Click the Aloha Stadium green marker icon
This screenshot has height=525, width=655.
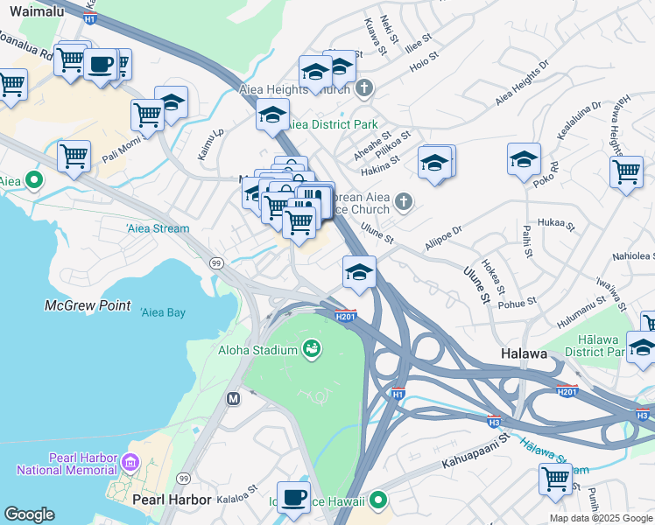311,350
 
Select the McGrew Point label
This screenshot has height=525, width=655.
88,306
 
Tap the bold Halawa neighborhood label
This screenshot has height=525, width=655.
525,353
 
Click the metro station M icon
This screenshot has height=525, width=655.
234,399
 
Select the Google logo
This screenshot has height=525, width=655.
29,514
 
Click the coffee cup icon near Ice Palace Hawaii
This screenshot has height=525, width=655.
294,496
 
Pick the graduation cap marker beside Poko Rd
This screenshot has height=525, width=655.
524,159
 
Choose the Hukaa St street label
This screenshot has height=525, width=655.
557,225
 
